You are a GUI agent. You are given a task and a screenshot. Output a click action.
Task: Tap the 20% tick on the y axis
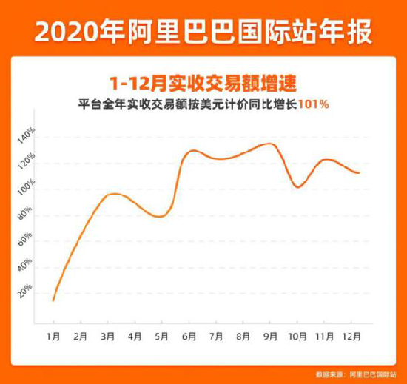(x=27, y=287)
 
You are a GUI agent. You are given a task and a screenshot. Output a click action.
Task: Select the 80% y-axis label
(x=27, y=212)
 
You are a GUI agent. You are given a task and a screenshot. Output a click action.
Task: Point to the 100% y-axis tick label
(x=27, y=186)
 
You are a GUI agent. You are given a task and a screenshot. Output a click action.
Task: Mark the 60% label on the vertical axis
(x=27, y=238)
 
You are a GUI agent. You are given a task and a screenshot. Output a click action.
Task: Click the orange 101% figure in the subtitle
(x=314, y=105)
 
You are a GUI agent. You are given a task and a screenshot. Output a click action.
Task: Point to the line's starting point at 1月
(x=53, y=300)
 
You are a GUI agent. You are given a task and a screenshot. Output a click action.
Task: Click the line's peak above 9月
(x=269, y=144)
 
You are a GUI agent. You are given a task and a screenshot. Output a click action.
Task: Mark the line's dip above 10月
(x=297, y=187)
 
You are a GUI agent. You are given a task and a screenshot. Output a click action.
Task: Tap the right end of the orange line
(x=359, y=173)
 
